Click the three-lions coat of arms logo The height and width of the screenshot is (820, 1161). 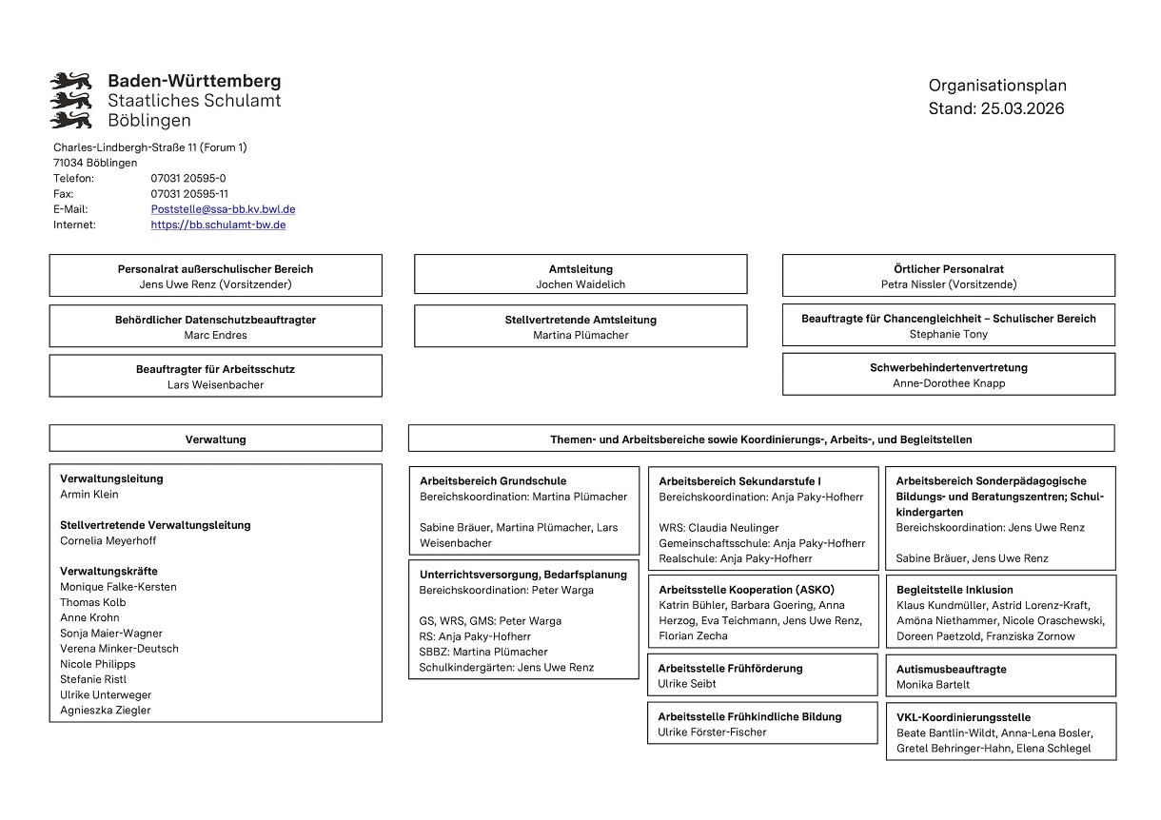(70, 100)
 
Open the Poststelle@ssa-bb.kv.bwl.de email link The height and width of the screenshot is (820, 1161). (223, 209)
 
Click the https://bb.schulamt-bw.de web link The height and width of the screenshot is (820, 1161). (218, 225)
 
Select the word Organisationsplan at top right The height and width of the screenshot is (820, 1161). (997, 86)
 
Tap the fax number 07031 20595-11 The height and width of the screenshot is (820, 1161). (189, 194)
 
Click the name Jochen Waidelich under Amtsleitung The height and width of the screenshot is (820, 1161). (580, 284)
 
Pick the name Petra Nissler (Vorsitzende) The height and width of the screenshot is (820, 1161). (948, 284)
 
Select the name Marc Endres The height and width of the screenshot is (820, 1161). (215, 335)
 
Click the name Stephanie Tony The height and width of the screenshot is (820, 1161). (948, 334)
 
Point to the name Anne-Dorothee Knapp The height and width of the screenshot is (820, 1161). (948, 383)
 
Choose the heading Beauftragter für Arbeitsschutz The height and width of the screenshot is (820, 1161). (215, 369)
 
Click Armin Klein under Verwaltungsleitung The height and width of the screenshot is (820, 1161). (89, 495)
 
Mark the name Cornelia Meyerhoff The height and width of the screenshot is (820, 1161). (108, 541)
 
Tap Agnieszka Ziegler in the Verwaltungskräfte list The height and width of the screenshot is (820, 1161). (105, 711)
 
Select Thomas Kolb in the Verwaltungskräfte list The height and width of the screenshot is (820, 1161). (92, 602)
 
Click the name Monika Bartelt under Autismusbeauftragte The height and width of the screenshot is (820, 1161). (933, 685)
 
